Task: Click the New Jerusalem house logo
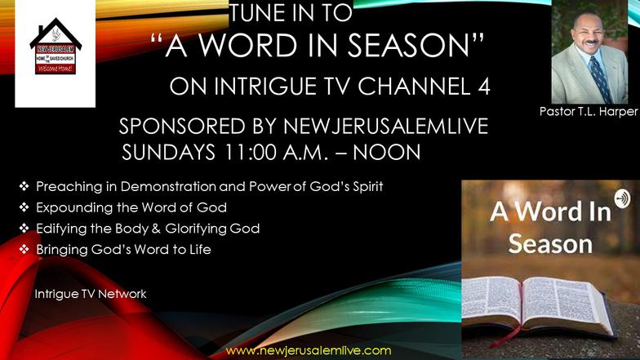click(x=56, y=46)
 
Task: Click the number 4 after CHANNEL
click(x=483, y=87)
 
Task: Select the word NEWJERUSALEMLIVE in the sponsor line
click(x=385, y=126)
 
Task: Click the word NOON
click(x=387, y=152)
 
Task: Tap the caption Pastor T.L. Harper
click(x=588, y=111)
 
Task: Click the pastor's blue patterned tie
click(x=599, y=78)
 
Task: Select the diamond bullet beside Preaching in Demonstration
click(x=24, y=186)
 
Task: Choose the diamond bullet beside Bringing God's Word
click(x=24, y=249)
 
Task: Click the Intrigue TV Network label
click(x=91, y=294)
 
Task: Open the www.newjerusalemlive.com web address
click(x=309, y=351)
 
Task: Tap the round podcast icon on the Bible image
click(x=622, y=199)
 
